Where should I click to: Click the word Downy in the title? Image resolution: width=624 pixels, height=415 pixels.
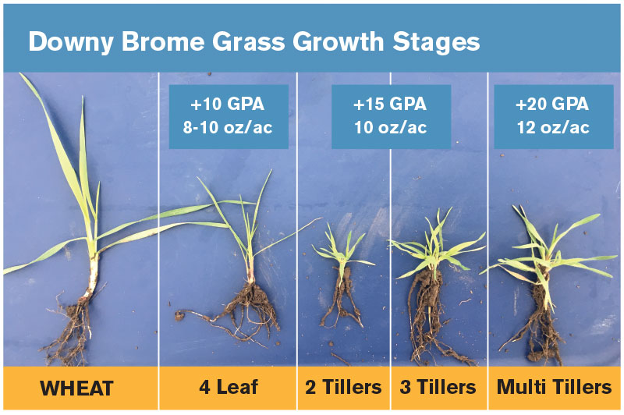tap(71, 42)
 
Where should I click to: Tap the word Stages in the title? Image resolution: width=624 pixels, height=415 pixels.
tap(436, 42)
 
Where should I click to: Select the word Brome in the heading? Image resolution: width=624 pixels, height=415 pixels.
tap(163, 41)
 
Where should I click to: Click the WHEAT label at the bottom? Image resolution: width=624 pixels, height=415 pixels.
tap(76, 388)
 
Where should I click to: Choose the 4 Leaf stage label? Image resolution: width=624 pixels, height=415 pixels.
tap(229, 387)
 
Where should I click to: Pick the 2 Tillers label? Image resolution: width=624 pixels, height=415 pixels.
tap(343, 387)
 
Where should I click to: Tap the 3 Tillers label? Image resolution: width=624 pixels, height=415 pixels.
tap(438, 387)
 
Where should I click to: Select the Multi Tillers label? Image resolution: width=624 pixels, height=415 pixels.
tap(554, 387)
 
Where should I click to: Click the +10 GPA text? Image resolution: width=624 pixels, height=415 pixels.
tap(228, 105)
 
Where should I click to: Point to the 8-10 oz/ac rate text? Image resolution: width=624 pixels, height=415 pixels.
tap(228, 128)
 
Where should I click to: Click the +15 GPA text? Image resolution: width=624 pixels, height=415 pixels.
tap(390, 105)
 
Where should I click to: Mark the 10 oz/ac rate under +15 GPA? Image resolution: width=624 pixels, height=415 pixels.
tap(391, 128)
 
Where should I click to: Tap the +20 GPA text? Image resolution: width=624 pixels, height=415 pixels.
tap(552, 105)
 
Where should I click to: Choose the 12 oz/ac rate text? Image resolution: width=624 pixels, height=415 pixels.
tap(553, 128)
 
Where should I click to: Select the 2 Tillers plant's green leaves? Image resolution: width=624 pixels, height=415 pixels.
tap(343, 247)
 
